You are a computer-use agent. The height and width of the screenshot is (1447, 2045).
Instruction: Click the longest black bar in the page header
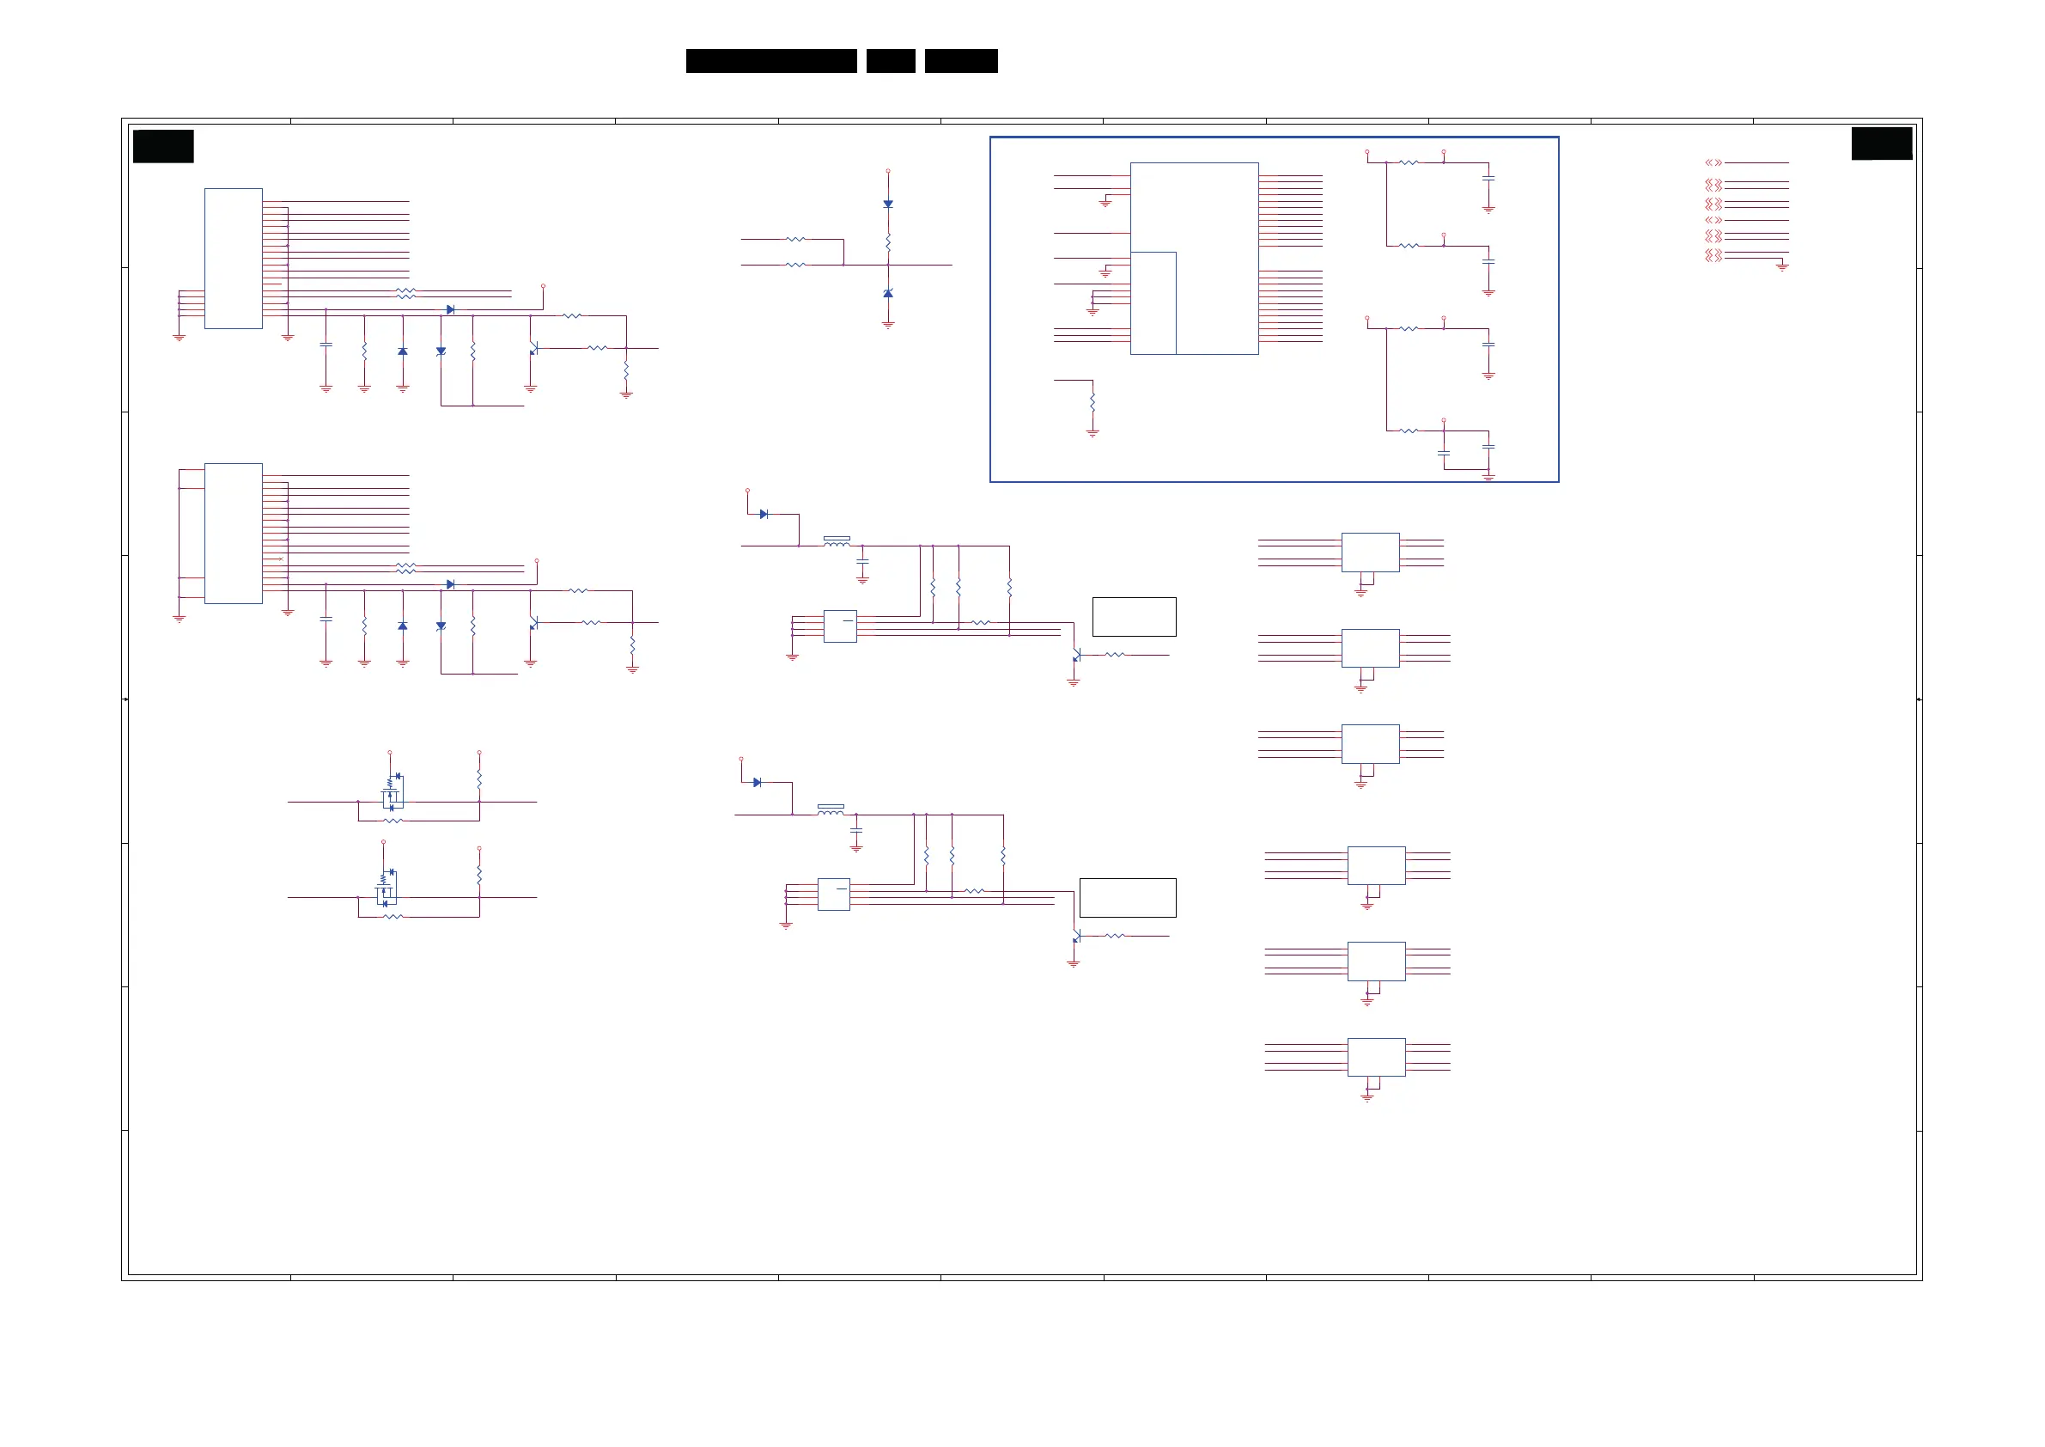771,61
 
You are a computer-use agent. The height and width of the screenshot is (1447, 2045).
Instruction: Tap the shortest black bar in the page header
891,61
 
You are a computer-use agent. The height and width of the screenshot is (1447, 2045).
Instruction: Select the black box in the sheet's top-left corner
163,146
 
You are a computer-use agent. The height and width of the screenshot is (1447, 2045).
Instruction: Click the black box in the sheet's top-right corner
1881,143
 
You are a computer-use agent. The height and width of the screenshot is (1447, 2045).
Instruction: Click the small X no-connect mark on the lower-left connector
282,559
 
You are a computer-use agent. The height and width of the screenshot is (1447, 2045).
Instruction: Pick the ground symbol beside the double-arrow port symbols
1782,266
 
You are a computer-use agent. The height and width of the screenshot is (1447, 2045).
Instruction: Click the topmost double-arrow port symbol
1713,163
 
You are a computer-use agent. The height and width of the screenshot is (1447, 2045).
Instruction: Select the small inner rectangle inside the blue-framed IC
1153,303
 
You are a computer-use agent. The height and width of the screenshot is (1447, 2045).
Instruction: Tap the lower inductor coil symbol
831,810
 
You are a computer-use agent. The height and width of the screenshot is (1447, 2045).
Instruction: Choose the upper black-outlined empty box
1134,617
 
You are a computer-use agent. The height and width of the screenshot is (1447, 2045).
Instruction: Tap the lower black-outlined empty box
1128,897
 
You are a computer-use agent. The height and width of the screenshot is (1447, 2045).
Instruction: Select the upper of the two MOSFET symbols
393,791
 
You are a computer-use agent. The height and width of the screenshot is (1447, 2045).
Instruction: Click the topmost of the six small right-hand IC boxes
1370,552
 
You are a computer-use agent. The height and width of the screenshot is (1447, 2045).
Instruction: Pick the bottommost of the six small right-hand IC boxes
1376,1057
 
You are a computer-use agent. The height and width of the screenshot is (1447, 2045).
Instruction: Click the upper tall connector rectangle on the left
234,259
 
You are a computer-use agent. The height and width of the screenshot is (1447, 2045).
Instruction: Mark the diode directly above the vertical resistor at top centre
888,204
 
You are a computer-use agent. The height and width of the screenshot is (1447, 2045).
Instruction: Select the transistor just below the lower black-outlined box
1076,937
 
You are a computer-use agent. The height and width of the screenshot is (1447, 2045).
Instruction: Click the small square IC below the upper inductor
840,626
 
